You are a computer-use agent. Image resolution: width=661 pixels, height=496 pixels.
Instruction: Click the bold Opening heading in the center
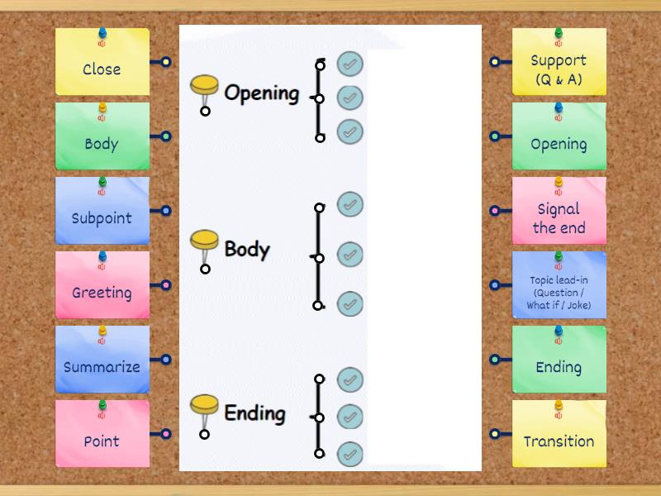pos(261,93)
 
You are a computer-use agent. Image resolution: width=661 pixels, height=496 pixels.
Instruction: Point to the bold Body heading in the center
pos(246,249)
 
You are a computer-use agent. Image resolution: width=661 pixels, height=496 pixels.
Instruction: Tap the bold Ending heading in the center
pos(254,413)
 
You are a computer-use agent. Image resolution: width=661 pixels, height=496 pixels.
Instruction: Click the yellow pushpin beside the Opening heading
pos(204,85)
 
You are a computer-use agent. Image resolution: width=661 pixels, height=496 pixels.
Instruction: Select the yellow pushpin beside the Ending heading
pos(204,406)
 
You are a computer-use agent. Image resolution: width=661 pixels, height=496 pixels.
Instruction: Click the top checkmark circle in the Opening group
pos(350,64)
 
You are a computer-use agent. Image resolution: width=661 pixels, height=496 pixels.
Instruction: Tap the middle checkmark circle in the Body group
pos(350,255)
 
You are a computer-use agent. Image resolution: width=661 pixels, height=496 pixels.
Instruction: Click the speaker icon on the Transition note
pos(559,415)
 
